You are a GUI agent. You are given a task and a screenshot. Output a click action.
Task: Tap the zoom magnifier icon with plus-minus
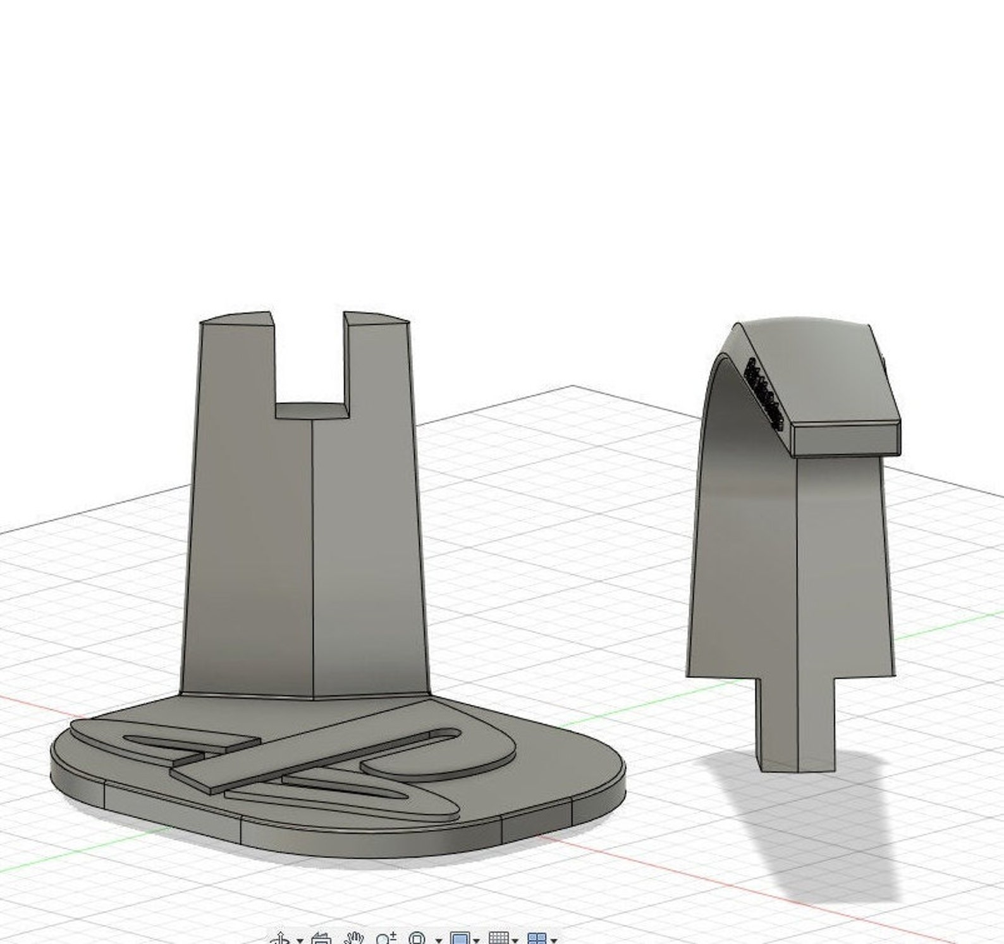click(385, 938)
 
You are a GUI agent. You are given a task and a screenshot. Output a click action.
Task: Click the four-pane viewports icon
click(537, 938)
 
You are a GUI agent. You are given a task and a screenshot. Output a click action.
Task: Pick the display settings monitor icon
click(460, 938)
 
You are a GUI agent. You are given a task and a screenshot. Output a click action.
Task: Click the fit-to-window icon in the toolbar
click(417, 938)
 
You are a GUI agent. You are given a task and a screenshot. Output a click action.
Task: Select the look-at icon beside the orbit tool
click(321, 938)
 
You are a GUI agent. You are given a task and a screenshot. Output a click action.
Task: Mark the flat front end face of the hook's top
click(846, 439)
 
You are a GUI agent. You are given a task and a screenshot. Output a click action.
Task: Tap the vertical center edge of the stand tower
click(313, 556)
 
